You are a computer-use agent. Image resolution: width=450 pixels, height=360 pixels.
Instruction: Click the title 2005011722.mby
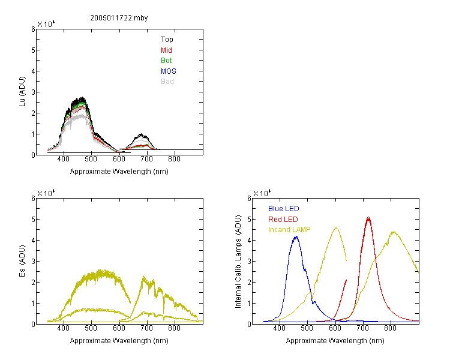[119, 18]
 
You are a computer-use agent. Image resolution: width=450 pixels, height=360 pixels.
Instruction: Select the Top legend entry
[167, 40]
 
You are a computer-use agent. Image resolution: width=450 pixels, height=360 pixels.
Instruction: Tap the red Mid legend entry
[166, 50]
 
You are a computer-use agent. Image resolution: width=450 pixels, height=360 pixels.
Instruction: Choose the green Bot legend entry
[166, 61]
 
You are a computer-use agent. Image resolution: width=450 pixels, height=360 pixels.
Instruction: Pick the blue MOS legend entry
[169, 71]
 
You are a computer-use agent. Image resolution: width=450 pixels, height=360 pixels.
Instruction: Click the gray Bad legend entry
[167, 82]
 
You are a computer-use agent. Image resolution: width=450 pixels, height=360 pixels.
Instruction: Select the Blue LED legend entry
[284, 209]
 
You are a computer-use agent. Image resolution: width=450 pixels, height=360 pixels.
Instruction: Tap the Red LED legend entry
[283, 220]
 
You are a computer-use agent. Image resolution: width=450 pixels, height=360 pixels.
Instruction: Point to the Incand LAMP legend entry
[289, 230]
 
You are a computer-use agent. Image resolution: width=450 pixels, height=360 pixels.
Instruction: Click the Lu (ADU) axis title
[22, 92]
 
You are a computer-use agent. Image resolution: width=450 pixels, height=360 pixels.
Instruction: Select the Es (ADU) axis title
[22, 261]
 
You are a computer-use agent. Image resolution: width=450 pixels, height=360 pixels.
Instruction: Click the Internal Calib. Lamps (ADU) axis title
[238, 262]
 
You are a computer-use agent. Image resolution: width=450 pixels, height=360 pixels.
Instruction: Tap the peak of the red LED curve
[368, 217]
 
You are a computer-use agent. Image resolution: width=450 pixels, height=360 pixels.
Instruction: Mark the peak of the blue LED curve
[296, 236]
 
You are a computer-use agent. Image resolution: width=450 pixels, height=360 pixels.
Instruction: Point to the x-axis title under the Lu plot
[119, 172]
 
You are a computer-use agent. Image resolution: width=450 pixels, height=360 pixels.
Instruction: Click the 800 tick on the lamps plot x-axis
[390, 328]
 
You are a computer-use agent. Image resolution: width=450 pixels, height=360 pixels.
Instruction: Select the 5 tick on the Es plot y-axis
[33, 220]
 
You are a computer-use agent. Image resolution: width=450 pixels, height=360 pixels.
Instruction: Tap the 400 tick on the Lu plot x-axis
[64, 159]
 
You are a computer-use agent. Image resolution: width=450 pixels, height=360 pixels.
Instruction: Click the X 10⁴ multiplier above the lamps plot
[262, 193]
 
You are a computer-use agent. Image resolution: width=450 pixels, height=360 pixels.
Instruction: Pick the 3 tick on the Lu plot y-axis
[33, 92]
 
